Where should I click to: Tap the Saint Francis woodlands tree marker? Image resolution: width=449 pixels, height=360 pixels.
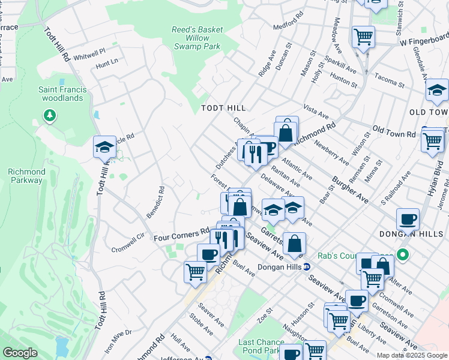point(50,115)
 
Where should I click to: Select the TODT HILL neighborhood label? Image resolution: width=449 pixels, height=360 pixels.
point(223,107)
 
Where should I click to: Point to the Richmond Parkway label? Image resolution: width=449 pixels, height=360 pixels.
point(26,176)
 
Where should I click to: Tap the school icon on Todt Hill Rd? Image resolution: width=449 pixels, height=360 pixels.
point(104,147)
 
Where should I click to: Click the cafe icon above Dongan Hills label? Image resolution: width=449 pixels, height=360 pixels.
point(408,219)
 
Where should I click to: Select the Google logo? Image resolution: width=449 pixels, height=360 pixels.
point(19,352)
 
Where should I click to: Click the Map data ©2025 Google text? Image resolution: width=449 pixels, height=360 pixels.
point(412,355)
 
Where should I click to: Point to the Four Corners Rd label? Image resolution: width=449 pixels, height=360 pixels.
point(181,235)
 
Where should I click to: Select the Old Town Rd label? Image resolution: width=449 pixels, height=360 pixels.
point(393,131)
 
